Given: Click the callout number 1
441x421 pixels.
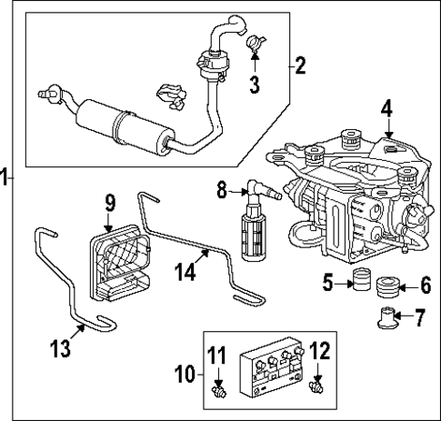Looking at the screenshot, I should (5, 177).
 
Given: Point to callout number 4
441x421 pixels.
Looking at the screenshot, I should (386, 110).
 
